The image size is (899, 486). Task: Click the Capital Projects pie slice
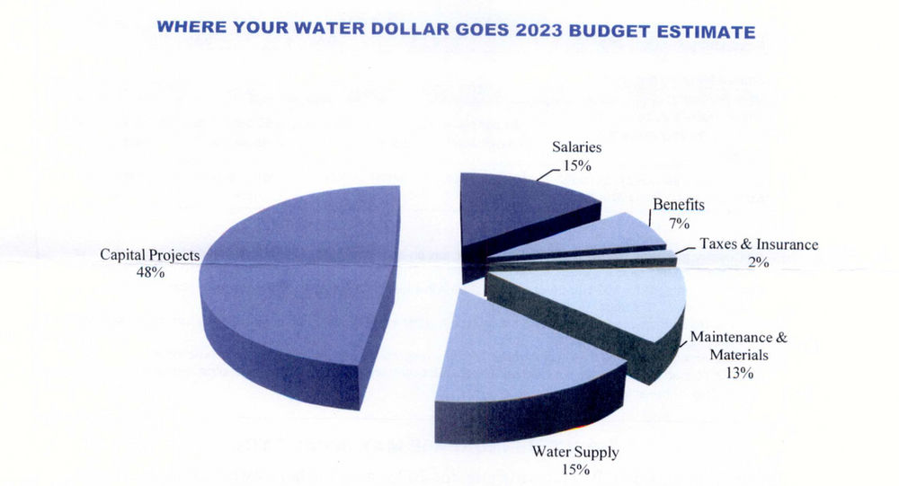(297, 278)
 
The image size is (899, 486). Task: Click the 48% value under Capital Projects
(149, 272)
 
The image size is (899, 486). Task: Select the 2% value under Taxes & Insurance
(758, 261)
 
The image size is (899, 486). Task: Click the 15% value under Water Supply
(574, 469)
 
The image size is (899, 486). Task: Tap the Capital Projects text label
(149, 255)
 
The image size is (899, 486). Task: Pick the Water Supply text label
(574, 452)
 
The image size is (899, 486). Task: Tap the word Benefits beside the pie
(679, 205)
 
